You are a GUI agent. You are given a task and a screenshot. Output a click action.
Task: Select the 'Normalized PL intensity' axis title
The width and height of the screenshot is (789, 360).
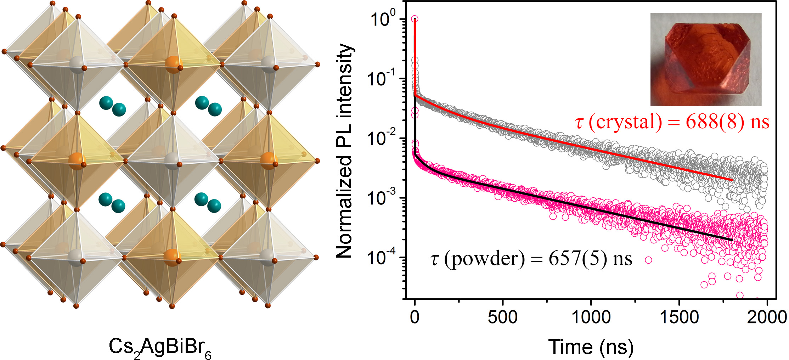(x=344, y=151)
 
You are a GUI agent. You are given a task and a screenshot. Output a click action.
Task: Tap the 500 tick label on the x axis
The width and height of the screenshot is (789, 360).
(x=502, y=317)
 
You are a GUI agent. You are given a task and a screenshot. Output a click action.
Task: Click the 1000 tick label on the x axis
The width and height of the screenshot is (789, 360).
(x=591, y=317)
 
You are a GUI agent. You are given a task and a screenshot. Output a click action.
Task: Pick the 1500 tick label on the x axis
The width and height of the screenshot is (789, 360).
(x=679, y=317)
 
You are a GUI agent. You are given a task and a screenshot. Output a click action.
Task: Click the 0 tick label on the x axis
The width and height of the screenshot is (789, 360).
(x=415, y=317)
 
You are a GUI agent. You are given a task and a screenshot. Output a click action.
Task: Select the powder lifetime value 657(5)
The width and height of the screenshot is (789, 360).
(x=576, y=259)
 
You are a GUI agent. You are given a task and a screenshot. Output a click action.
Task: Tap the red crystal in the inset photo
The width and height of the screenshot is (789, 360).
(x=705, y=60)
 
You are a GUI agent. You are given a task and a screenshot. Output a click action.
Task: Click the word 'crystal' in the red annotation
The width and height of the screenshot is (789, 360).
(x=625, y=122)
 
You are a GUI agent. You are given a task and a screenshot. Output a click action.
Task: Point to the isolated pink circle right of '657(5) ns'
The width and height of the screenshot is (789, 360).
(x=648, y=260)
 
